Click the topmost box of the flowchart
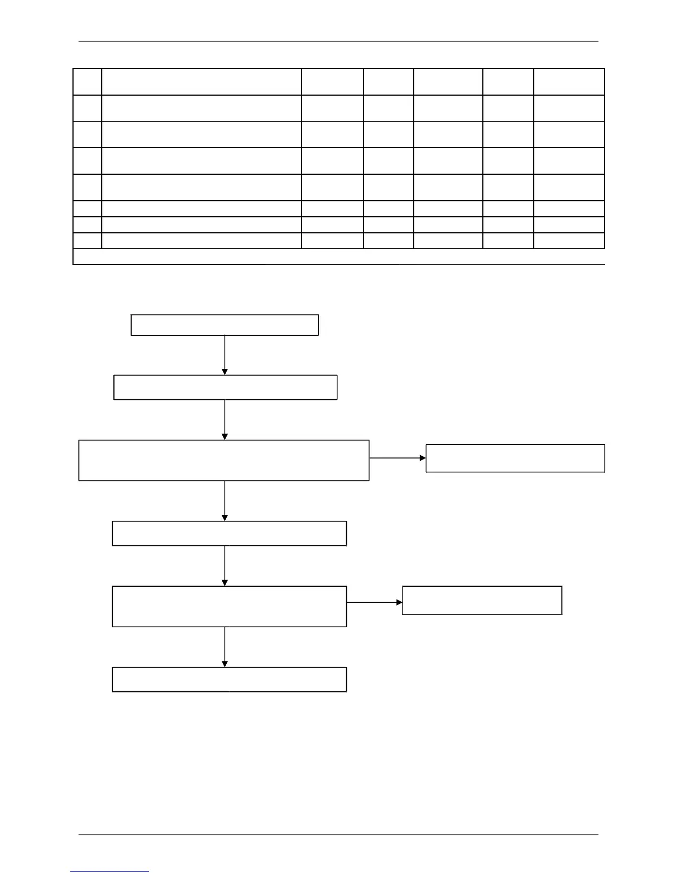[225, 325]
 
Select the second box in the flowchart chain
[225, 387]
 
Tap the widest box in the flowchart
[224, 460]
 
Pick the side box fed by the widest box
[515, 458]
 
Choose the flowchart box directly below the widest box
[229, 533]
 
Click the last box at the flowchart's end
[229, 679]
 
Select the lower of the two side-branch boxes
[482, 600]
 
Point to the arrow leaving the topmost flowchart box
[225, 355]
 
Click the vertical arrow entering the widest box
[225, 419]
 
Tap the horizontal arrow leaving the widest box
[397, 458]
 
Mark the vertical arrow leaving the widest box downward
[225, 500]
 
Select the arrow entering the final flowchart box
[225, 646]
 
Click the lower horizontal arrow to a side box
[374, 602]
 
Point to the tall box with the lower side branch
[229, 606]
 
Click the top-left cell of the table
[87, 82]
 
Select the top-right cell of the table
[569, 82]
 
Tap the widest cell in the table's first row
[201, 82]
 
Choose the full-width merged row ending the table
[338, 257]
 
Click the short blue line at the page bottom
[110, 871]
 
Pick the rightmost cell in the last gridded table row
[569, 241]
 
